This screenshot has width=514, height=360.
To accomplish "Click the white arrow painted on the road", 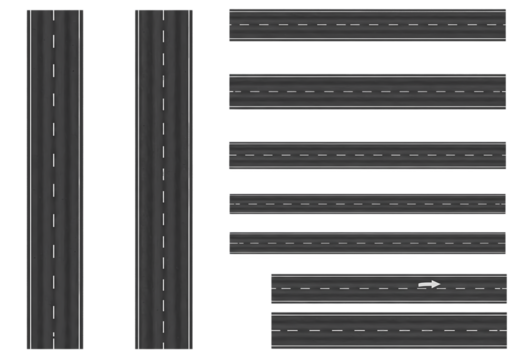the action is (x=429, y=284).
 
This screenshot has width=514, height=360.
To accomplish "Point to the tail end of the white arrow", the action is (x=420, y=285).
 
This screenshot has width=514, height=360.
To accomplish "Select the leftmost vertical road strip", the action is (x=54, y=180).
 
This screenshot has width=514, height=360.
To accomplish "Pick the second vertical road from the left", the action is (x=163, y=180).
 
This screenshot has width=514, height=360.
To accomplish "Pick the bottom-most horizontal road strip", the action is (x=389, y=328).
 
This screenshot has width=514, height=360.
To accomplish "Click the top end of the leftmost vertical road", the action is (x=54, y=13).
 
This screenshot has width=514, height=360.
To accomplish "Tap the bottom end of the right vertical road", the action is (x=163, y=346).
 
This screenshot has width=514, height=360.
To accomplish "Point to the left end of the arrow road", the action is (x=273, y=289).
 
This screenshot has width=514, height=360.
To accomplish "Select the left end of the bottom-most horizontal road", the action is (x=273, y=328).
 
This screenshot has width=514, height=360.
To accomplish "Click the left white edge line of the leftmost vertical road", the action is (x=29, y=180).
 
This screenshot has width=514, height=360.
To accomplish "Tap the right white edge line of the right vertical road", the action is (x=190, y=180).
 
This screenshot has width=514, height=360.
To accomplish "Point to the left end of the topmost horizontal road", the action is (x=231, y=25).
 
